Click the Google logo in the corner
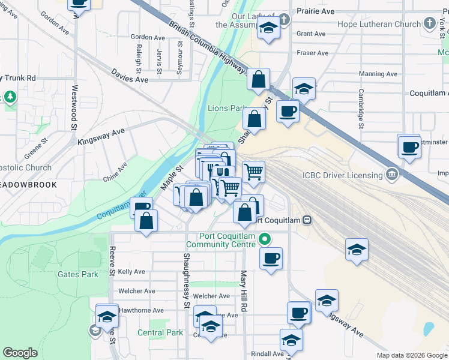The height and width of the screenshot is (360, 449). (20, 353)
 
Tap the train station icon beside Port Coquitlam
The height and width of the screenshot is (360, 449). (307, 220)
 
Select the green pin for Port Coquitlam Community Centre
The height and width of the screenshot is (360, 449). (265, 239)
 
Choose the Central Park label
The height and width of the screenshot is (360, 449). (160, 332)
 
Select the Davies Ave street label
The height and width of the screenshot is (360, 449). (130, 76)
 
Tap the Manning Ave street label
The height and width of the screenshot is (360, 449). (378, 74)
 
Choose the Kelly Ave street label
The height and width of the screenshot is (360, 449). (131, 272)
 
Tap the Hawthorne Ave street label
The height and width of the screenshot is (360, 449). (141, 310)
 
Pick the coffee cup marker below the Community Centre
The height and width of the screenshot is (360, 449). (271, 259)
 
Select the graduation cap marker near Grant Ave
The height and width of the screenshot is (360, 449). (268, 28)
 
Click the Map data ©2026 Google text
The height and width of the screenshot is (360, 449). (411, 355)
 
